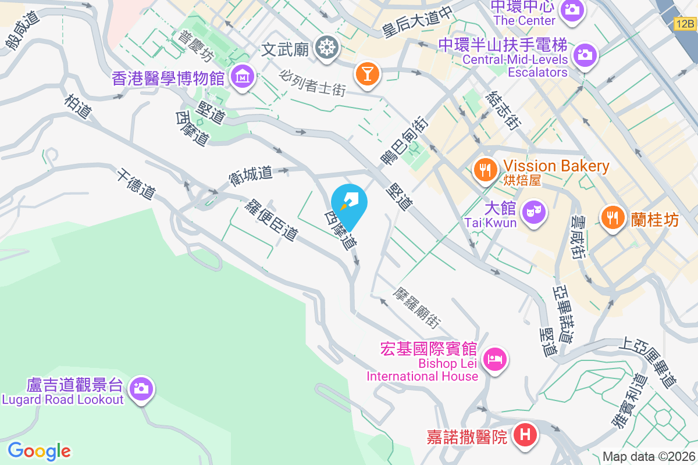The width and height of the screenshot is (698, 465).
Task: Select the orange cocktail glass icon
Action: click(x=368, y=73)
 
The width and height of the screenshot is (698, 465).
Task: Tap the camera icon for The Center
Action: click(x=572, y=10)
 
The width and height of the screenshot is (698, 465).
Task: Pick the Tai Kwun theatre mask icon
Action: click(x=532, y=212)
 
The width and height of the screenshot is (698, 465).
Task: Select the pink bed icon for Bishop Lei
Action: click(x=495, y=359)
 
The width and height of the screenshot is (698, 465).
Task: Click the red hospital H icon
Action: click(x=525, y=435)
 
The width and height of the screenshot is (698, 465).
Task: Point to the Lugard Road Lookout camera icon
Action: click(x=141, y=388)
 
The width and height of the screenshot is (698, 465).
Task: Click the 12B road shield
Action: click(x=685, y=24)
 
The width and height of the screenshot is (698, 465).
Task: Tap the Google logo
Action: click(x=39, y=451)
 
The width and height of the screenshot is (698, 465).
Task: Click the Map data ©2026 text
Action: click(x=648, y=457)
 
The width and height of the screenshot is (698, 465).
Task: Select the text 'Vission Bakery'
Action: click(x=557, y=166)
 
